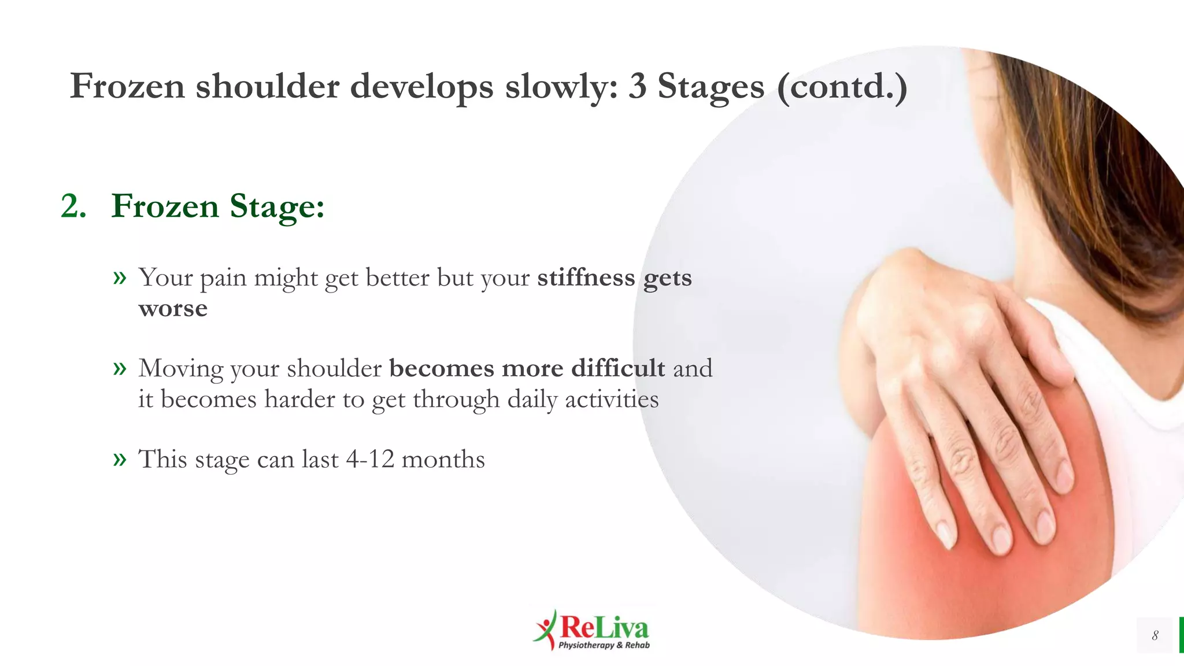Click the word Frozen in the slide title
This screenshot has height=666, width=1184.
(x=127, y=87)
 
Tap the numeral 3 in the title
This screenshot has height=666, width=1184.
(x=637, y=87)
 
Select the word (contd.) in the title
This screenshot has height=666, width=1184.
(x=842, y=87)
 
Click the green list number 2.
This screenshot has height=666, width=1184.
(x=73, y=206)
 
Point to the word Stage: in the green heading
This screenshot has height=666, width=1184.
(x=277, y=206)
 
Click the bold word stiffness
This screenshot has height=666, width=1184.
(x=586, y=278)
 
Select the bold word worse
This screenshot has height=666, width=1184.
(x=173, y=309)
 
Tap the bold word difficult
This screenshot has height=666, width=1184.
(x=618, y=369)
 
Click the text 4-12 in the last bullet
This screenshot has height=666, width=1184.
(x=370, y=460)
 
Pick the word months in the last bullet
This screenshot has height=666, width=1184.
(x=443, y=460)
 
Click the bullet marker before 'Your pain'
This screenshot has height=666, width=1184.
(x=120, y=278)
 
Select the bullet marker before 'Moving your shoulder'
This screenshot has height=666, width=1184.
(x=120, y=368)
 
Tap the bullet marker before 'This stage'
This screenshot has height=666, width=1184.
(x=120, y=460)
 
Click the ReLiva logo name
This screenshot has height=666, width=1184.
(x=604, y=627)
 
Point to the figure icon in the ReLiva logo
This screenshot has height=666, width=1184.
(x=545, y=629)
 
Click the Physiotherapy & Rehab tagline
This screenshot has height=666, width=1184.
(x=604, y=645)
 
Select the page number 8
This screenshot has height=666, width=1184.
(x=1155, y=635)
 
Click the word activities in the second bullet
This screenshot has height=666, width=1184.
(x=612, y=399)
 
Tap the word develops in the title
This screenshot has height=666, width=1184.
(x=422, y=87)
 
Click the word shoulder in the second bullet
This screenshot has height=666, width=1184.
(x=334, y=369)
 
